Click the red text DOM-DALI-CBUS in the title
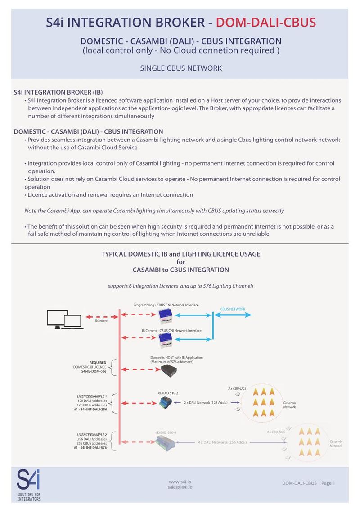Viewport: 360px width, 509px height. (x=266, y=22)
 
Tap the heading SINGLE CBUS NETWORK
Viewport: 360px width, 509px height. (x=181, y=68)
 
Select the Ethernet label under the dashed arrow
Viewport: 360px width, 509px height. (x=102, y=320)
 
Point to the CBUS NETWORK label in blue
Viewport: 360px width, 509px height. (x=233, y=309)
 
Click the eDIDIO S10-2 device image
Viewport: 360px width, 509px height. (x=165, y=402)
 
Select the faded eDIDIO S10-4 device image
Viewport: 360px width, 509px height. (x=166, y=443)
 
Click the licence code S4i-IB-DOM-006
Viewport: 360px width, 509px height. (x=94, y=372)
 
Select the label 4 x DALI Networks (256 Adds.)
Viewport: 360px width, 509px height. (x=222, y=442)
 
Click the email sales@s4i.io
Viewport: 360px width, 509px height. (x=180, y=487)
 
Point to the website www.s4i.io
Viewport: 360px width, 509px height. (x=180, y=481)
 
